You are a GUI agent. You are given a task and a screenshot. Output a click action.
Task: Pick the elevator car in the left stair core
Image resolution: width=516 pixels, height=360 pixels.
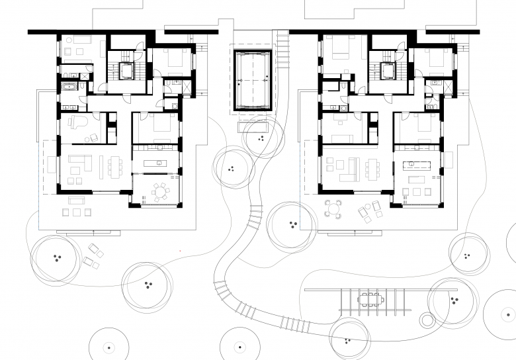124,69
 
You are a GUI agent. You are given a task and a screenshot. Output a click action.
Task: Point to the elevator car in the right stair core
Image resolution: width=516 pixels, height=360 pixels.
387,69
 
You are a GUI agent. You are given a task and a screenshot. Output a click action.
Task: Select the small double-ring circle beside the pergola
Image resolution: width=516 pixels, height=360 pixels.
428,321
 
